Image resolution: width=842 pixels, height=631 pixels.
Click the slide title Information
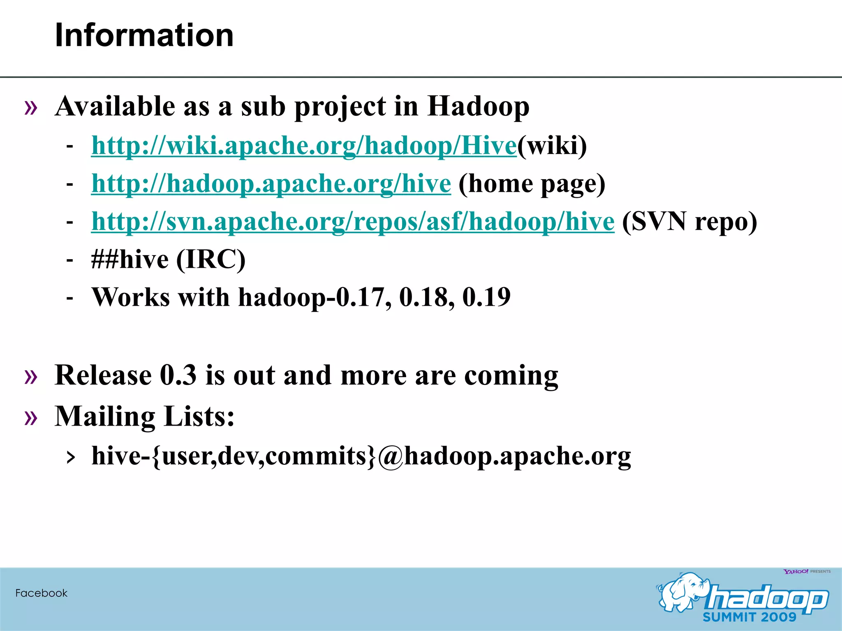click(144, 35)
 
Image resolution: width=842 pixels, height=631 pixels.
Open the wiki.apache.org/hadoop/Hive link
click(303, 145)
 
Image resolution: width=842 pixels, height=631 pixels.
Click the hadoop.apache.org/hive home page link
click(271, 183)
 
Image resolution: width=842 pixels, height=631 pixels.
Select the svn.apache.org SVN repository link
click(353, 221)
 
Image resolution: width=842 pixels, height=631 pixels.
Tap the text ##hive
click(130, 260)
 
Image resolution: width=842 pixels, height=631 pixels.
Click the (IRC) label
click(211, 260)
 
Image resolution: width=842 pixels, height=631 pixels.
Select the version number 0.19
click(486, 297)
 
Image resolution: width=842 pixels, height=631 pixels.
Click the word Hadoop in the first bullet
click(478, 106)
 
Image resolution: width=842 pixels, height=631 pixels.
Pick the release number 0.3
click(178, 375)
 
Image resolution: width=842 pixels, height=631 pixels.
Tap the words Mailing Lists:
click(144, 417)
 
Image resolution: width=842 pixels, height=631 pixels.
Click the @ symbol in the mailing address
click(390, 456)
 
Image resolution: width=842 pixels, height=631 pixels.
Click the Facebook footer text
click(41, 593)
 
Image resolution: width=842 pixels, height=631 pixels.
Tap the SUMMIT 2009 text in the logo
click(749, 617)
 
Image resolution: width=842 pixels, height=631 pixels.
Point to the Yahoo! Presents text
click(807, 571)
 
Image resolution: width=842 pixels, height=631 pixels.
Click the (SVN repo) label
click(689, 222)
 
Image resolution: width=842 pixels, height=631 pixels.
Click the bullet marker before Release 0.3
click(31, 376)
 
